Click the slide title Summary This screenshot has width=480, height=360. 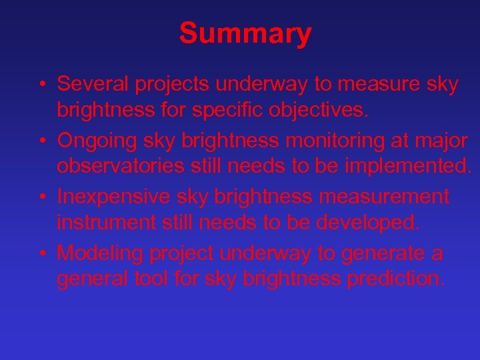(245, 33)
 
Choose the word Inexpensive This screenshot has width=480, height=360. (114, 197)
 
